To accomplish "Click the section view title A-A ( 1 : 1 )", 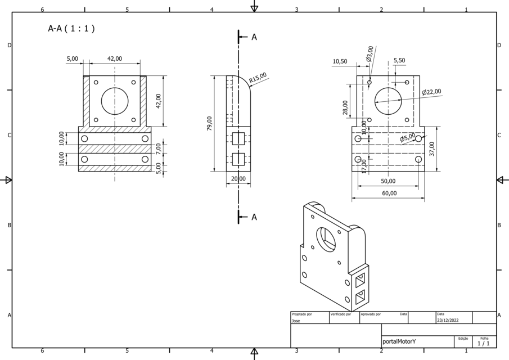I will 71,29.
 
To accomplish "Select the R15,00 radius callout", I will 258,78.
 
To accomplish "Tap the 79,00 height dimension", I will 210,123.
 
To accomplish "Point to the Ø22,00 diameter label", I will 431,92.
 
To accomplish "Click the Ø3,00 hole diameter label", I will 370,54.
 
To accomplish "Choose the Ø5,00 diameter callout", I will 408,137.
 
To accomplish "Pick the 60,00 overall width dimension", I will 389,193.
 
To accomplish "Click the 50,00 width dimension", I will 388,181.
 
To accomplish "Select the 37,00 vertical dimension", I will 432,148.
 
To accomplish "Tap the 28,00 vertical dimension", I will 345,107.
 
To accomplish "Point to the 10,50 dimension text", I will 340,61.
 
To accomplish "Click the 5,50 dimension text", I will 399,60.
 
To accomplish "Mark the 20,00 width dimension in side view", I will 238,179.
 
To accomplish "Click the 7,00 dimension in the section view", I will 159,148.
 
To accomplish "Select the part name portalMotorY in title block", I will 399,341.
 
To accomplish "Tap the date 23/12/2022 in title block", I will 447,321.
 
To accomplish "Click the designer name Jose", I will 296,321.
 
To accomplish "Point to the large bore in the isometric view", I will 326,238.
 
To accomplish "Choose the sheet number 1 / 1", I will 483,343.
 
